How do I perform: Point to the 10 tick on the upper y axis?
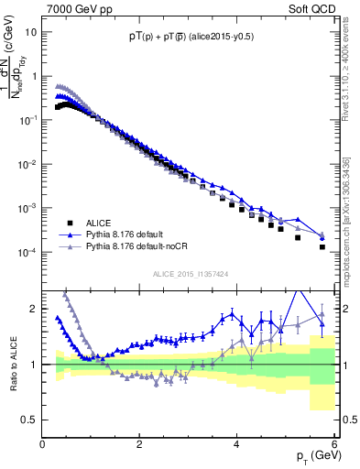click(31, 30)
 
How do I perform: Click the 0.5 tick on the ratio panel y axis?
click(30, 420)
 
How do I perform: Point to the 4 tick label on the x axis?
click(237, 444)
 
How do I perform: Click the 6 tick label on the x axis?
click(334, 444)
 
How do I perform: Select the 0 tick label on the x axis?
click(43, 444)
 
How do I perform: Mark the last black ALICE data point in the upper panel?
click(322, 246)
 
